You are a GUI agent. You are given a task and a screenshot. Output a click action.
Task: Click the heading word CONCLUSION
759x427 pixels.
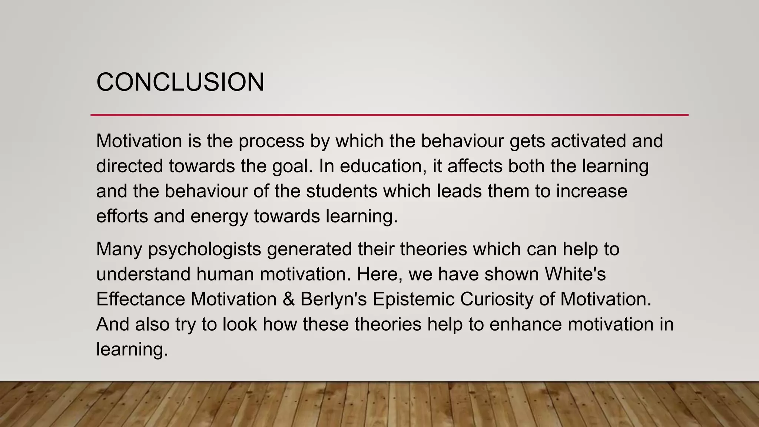coord(180,82)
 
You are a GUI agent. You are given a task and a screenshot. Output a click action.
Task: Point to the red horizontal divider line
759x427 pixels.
coord(389,115)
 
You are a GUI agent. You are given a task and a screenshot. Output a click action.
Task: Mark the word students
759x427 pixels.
coord(341,191)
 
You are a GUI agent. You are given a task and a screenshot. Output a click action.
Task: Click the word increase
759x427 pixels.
coord(591,191)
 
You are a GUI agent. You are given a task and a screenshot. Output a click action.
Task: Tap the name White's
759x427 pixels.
coord(575,274)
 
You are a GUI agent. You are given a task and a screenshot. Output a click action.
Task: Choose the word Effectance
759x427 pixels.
coord(140,299)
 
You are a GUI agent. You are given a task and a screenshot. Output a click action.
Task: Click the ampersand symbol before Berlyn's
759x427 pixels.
coord(288,299)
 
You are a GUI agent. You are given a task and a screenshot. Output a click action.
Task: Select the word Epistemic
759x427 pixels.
coord(413,299)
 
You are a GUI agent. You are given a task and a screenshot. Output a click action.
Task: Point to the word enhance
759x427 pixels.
coord(525,324)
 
